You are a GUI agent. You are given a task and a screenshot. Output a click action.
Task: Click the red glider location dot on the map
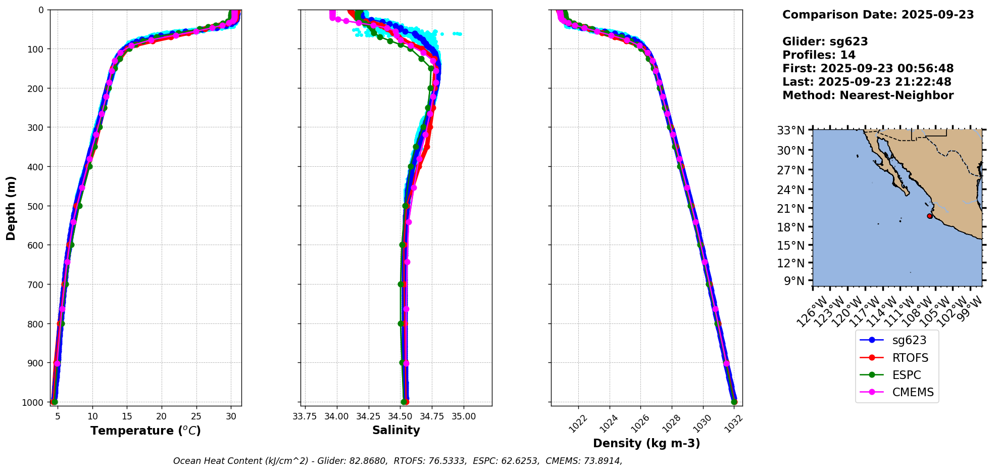pyautogui.click(x=929, y=216)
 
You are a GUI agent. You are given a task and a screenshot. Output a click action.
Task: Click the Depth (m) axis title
pyautogui.click(x=11, y=208)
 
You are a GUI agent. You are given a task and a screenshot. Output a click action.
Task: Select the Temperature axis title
pyautogui.click(x=145, y=431)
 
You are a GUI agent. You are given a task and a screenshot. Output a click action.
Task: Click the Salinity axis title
pyautogui.click(x=396, y=430)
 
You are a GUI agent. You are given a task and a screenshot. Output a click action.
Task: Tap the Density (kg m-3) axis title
pyautogui.click(x=646, y=443)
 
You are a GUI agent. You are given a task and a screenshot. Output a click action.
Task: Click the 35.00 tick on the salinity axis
pyautogui.click(x=464, y=416)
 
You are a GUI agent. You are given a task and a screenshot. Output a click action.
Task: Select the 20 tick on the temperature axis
pyautogui.click(x=162, y=416)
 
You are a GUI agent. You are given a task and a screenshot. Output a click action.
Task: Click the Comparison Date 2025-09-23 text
pyautogui.click(x=878, y=15)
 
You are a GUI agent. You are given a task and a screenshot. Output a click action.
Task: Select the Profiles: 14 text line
pyautogui.click(x=819, y=55)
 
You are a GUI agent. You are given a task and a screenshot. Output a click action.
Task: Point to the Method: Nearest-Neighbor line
pyautogui.click(x=868, y=96)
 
